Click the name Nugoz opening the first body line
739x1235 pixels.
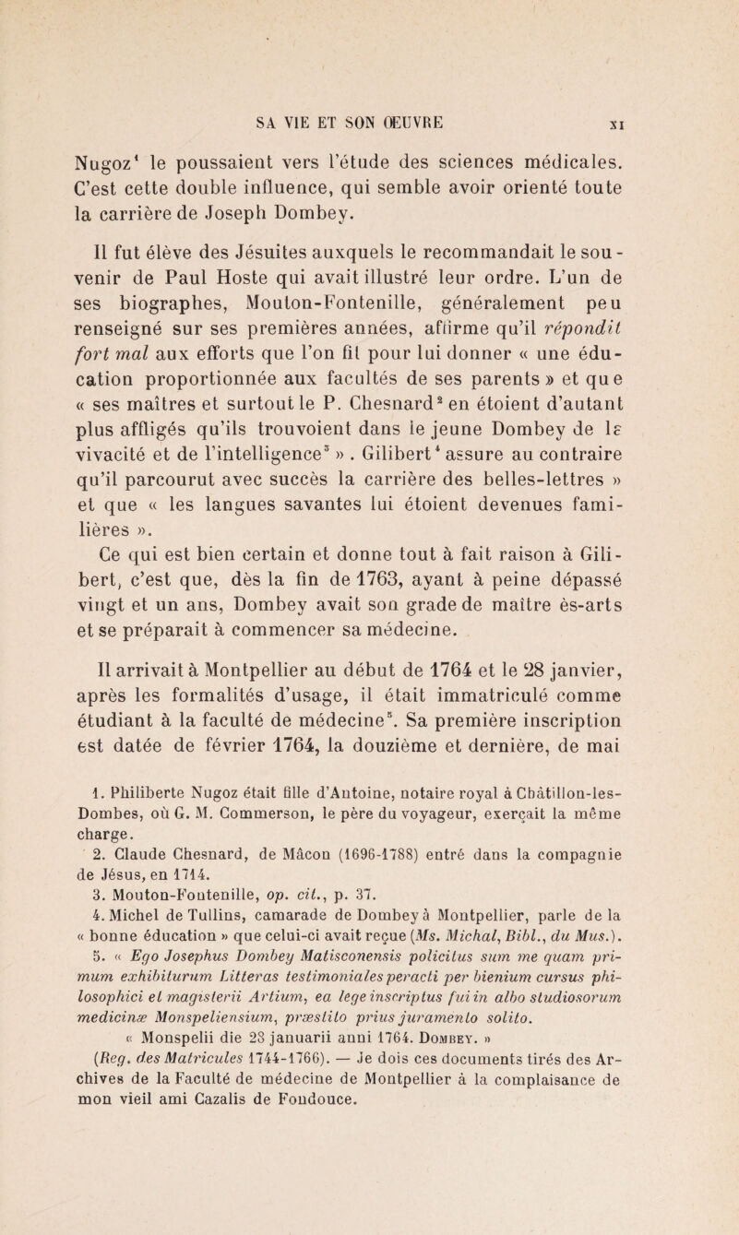pos(78,141)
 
